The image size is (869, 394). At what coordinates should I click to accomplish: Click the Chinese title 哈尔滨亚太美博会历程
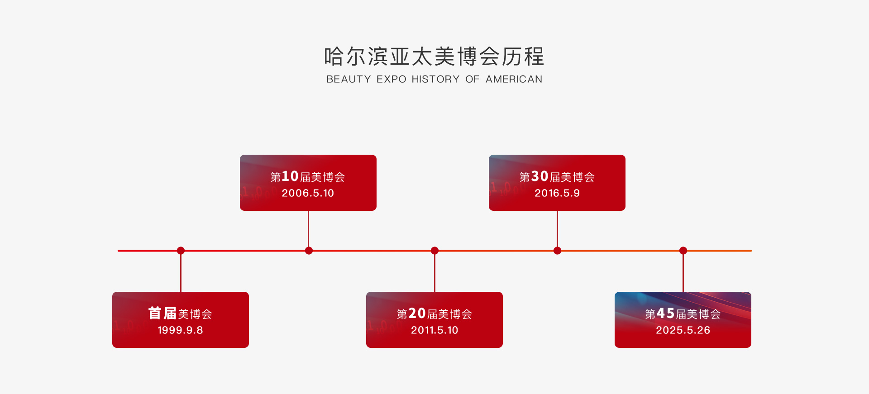point(434,57)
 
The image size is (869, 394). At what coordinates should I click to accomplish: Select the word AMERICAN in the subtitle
point(514,79)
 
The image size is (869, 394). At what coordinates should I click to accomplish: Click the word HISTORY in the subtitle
point(435,79)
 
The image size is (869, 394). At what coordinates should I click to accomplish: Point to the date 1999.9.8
point(180,330)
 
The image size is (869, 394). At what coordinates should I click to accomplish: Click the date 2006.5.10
point(308,193)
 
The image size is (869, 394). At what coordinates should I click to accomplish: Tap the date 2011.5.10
point(434,330)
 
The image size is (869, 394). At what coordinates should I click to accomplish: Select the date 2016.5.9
point(557,193)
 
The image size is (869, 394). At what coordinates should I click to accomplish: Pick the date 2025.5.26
point(683,330)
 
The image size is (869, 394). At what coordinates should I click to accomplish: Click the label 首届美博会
point(180,313)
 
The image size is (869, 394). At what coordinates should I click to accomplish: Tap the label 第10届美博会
point(308,176)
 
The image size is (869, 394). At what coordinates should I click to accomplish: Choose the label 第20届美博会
point(434,313)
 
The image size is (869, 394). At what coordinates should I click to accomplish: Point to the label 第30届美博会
point(557,176)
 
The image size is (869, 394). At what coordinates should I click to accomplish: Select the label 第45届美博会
point(683,313)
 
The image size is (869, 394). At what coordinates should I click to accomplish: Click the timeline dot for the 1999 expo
point(181,251)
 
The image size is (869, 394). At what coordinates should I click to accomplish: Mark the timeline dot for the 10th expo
point(309,251)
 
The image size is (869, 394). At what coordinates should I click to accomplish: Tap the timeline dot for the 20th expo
point(434,251)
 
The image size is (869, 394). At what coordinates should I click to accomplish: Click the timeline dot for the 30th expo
point(557,251)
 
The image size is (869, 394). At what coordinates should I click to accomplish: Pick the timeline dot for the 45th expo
point(683,251)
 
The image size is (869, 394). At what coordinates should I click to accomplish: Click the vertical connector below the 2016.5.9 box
point(557,229)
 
